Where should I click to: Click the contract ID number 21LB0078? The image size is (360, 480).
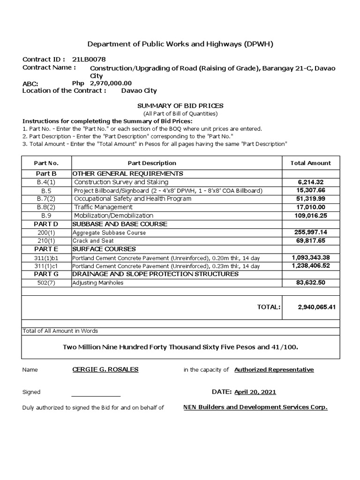tap(89, 59)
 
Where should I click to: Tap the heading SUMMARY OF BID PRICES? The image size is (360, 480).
tap(180, 106)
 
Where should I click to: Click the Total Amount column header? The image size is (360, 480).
tap(311, 163)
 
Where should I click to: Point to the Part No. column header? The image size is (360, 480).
tap(46, 163)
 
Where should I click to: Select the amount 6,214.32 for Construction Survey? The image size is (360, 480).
tap(311, 182)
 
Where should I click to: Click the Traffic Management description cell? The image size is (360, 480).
tap(103, 207)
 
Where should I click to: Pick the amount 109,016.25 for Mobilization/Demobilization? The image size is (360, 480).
tap(311, 216)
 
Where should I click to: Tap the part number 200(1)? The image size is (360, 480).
tap(46, 232)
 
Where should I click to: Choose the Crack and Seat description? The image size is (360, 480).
tap(93, 241)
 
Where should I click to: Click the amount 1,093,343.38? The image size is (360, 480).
tap(311, 258)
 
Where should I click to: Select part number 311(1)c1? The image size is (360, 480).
tap(46, 266)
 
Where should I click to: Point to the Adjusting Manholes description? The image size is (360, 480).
tap(97, 283)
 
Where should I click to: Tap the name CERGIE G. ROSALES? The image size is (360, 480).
tap(105, 369)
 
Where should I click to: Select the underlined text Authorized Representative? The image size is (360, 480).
tap(274, 370)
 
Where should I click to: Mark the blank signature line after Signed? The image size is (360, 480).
tap(96, 395)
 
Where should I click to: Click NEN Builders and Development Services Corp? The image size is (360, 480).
tap(255, 407)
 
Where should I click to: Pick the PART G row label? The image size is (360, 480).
tap(46, 274)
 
